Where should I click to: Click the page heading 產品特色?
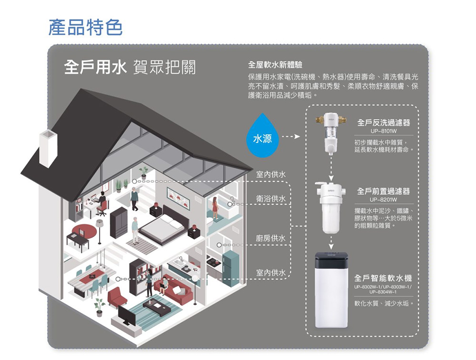(85, 27)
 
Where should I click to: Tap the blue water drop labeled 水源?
(263, 135)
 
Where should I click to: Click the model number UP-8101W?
(384, 131)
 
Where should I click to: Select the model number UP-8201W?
(384, 200)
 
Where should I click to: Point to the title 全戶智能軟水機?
(383, 278)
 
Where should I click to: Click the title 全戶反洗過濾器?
(384, 122)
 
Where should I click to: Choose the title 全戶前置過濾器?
(383, 191)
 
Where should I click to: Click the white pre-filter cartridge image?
(330, 208)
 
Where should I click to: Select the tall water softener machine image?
(331, 290)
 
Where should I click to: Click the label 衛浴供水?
(271, 199)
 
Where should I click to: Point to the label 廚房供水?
(271, 238)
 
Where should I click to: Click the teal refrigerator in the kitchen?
(230, 270)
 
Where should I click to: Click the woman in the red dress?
(215, 208)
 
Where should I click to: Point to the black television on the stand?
(127, 316)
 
